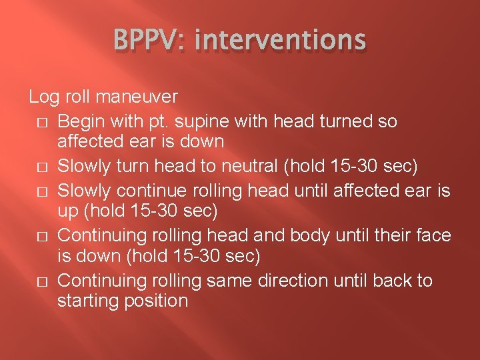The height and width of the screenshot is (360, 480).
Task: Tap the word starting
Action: tap(88, 301)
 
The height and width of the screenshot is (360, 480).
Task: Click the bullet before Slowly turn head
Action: tap(43, 167)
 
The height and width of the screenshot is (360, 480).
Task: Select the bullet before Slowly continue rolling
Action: tap(43, 191)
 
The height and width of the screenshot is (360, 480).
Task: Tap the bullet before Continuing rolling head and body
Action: tap(43, 236)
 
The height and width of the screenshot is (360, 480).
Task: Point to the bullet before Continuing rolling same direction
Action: tap(43, 281)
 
